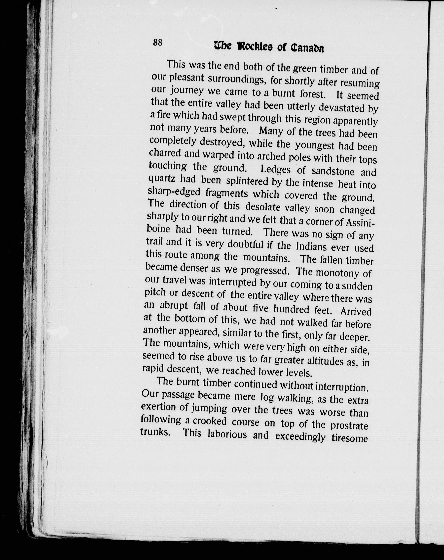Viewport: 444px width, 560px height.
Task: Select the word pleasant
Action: point(186,78)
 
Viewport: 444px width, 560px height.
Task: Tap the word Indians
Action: point(311,246)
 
